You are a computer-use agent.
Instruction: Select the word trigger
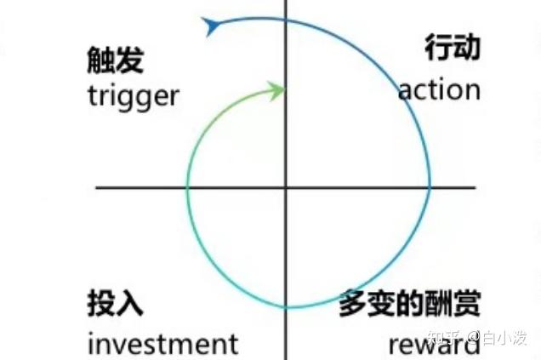pos(134,95)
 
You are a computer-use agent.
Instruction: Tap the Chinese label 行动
pos(453,48)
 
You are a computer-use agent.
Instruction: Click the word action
pos(439,89)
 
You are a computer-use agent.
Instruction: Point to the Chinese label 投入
pos(115,304)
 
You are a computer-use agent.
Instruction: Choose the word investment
pos(162,343)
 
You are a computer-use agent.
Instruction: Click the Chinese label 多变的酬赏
pos(409,304)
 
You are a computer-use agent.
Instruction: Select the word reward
pos(435,345)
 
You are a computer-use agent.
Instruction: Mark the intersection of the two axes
pos(286,186)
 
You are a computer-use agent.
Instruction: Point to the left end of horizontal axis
pos(97,186)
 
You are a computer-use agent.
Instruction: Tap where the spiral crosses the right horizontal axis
pos(429,186)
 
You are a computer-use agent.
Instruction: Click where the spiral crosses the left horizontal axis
pos(187,186)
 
